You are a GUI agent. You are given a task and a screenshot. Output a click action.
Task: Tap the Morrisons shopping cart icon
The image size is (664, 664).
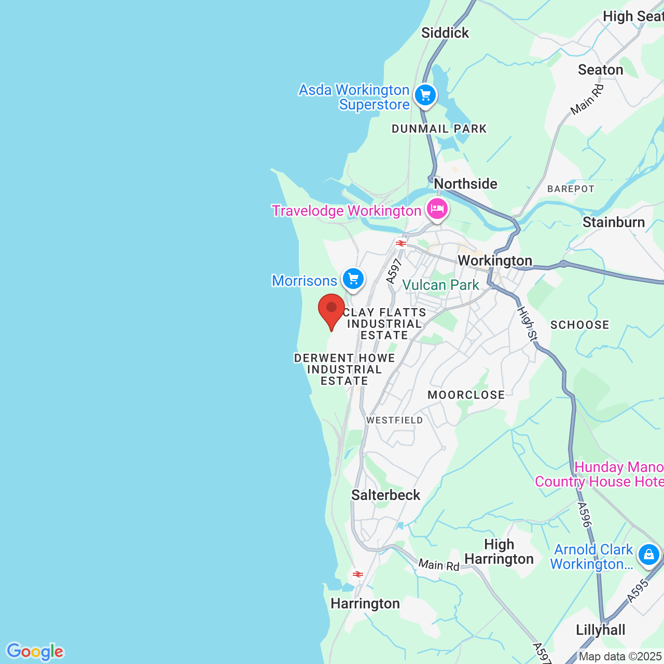click(x=353, y=280)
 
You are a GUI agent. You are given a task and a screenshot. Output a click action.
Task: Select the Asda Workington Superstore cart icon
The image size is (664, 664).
click(x=425, y=95)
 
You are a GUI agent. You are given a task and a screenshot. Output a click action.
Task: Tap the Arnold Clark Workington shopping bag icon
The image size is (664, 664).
click(x=649, y=555)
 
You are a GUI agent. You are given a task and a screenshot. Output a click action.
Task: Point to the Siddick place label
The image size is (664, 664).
click(x=445, y=33)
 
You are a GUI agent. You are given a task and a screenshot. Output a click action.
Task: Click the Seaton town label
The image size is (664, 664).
click(x=601, y=70)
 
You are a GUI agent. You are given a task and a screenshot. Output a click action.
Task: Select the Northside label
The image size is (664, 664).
click(x=465, y=184)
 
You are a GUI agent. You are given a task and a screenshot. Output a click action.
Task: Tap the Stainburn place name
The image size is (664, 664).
click(x=614, y=223)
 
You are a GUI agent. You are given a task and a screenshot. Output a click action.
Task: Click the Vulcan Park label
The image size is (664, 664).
click(x=441, y=285)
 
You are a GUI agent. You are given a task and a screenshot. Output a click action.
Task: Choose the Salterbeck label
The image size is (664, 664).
click(x=386, y=495)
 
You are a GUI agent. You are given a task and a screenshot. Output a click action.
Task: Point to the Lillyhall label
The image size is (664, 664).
click(x=601, y=630)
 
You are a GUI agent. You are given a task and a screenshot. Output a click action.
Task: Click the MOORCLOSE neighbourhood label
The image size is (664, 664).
click(x=466, y=395)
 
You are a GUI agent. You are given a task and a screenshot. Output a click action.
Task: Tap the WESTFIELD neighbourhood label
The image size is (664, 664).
click(x=395, y=420)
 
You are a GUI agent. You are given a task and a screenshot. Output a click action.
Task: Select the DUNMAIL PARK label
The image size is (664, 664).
click(x=439, y=129)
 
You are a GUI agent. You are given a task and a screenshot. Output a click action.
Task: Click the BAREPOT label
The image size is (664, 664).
click(x=571, y=189)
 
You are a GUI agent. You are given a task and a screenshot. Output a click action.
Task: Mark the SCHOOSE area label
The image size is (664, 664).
click(x=580, y=325)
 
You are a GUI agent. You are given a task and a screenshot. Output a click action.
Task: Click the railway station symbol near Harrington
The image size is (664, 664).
click(x=358, y=574)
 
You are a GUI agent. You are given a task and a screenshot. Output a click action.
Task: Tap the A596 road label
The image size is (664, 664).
click(x=585, y=515)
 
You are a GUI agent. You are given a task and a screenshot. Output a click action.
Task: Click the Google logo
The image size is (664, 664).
click(x=35, y=652)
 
